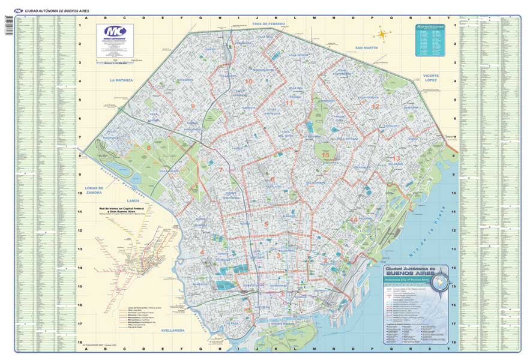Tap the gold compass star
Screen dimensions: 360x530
[382, 34]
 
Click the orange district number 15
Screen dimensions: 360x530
[325, 155]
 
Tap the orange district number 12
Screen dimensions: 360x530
[376, 106]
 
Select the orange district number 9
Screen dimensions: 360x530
[193, 106]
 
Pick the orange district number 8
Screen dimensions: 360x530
[149, 147]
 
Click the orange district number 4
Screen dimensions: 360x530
[202, 253]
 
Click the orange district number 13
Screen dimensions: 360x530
[397, 158]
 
